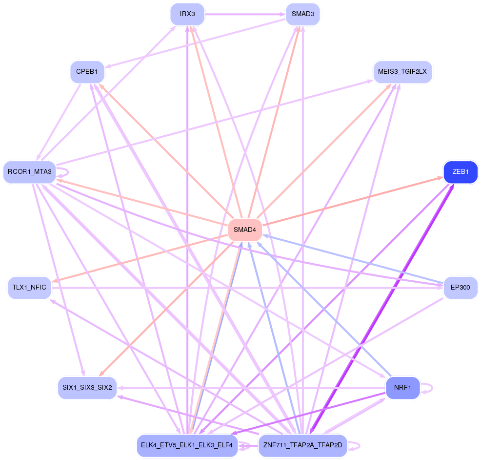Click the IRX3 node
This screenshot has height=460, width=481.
(187, 14)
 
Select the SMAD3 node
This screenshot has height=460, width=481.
(302, 14)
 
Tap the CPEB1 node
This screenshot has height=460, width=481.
(87, 72)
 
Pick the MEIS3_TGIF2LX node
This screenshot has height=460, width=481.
(402, 72)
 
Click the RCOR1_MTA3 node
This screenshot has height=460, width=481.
(29, 172)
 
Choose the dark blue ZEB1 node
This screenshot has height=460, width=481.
(461, 172)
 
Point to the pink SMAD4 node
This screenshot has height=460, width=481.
(245, 230)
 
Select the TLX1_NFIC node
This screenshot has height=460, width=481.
(29, 288)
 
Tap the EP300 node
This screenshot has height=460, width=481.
(461, 288)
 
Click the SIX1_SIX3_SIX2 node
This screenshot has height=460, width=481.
(87, 388)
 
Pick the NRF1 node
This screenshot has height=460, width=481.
(402, 388)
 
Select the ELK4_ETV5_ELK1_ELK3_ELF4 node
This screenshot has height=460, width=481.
(187, 445)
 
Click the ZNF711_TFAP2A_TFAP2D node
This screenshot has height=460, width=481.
(302, 445)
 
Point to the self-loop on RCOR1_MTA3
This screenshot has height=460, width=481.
(67, 172)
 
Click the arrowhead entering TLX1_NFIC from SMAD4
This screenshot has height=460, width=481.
(55, 281)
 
